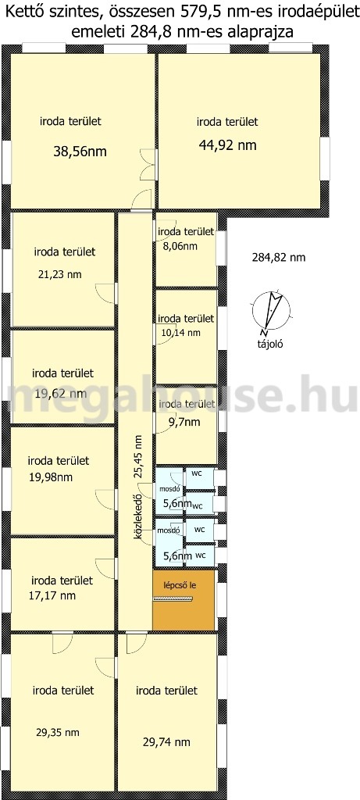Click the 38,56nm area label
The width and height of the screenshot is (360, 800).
[80, 152]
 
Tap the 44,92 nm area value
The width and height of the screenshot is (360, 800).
[227, 145]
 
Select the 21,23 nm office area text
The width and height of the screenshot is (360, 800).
[59, 274]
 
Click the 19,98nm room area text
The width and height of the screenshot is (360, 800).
[51, 477]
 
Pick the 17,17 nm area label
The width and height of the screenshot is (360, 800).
[53, 595]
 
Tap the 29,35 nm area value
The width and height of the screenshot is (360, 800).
[58, 733]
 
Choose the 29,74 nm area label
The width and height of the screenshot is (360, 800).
[167, 742]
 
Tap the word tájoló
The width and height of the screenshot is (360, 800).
[270, 344]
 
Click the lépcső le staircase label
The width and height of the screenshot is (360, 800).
[179, 585]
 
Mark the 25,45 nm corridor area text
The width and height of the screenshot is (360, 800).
[137, 456]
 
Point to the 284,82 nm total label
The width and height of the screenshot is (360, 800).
[279, 258]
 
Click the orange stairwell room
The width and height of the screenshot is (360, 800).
[184, 600]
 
